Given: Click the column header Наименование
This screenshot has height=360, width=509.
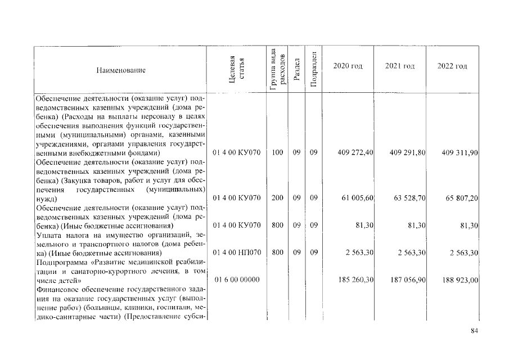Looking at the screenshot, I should [x=120, y=70].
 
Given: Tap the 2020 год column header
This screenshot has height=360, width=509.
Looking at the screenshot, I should [x=348, y=66].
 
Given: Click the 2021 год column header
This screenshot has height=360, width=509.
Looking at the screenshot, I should [x=400, y=66].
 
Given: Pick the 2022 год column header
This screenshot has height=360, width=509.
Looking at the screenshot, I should [x=452, y=66].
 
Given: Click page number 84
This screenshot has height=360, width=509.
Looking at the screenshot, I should [x=474, y=331].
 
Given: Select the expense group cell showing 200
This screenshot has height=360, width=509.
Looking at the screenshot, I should [x=277, y=198].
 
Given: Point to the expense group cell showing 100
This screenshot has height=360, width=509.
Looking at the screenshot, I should [x=277, y=152].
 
